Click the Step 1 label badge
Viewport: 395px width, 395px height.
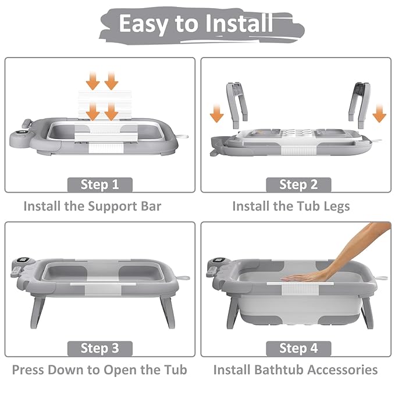pos(99,184)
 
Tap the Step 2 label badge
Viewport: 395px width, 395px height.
pos(298,184)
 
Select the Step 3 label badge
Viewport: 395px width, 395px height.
pos(99,348)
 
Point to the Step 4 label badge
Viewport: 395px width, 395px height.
pos(298,348)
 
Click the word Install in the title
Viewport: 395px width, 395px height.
pos(239,23)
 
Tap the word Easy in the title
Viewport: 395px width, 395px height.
pos(143,24)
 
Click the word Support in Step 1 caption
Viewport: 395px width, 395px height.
pos(112,207)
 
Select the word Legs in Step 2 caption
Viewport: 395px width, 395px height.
pos(336,207)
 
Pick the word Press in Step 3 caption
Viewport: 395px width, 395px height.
pos(28,370)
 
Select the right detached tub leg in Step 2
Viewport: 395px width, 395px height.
pos(360,105)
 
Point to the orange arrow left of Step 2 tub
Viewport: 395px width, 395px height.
pos(216,113)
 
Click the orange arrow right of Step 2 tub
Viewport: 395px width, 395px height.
pos(379,113)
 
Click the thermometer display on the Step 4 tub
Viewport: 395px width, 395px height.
pos(219,261)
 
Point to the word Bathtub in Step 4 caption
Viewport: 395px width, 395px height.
pos(280,370)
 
